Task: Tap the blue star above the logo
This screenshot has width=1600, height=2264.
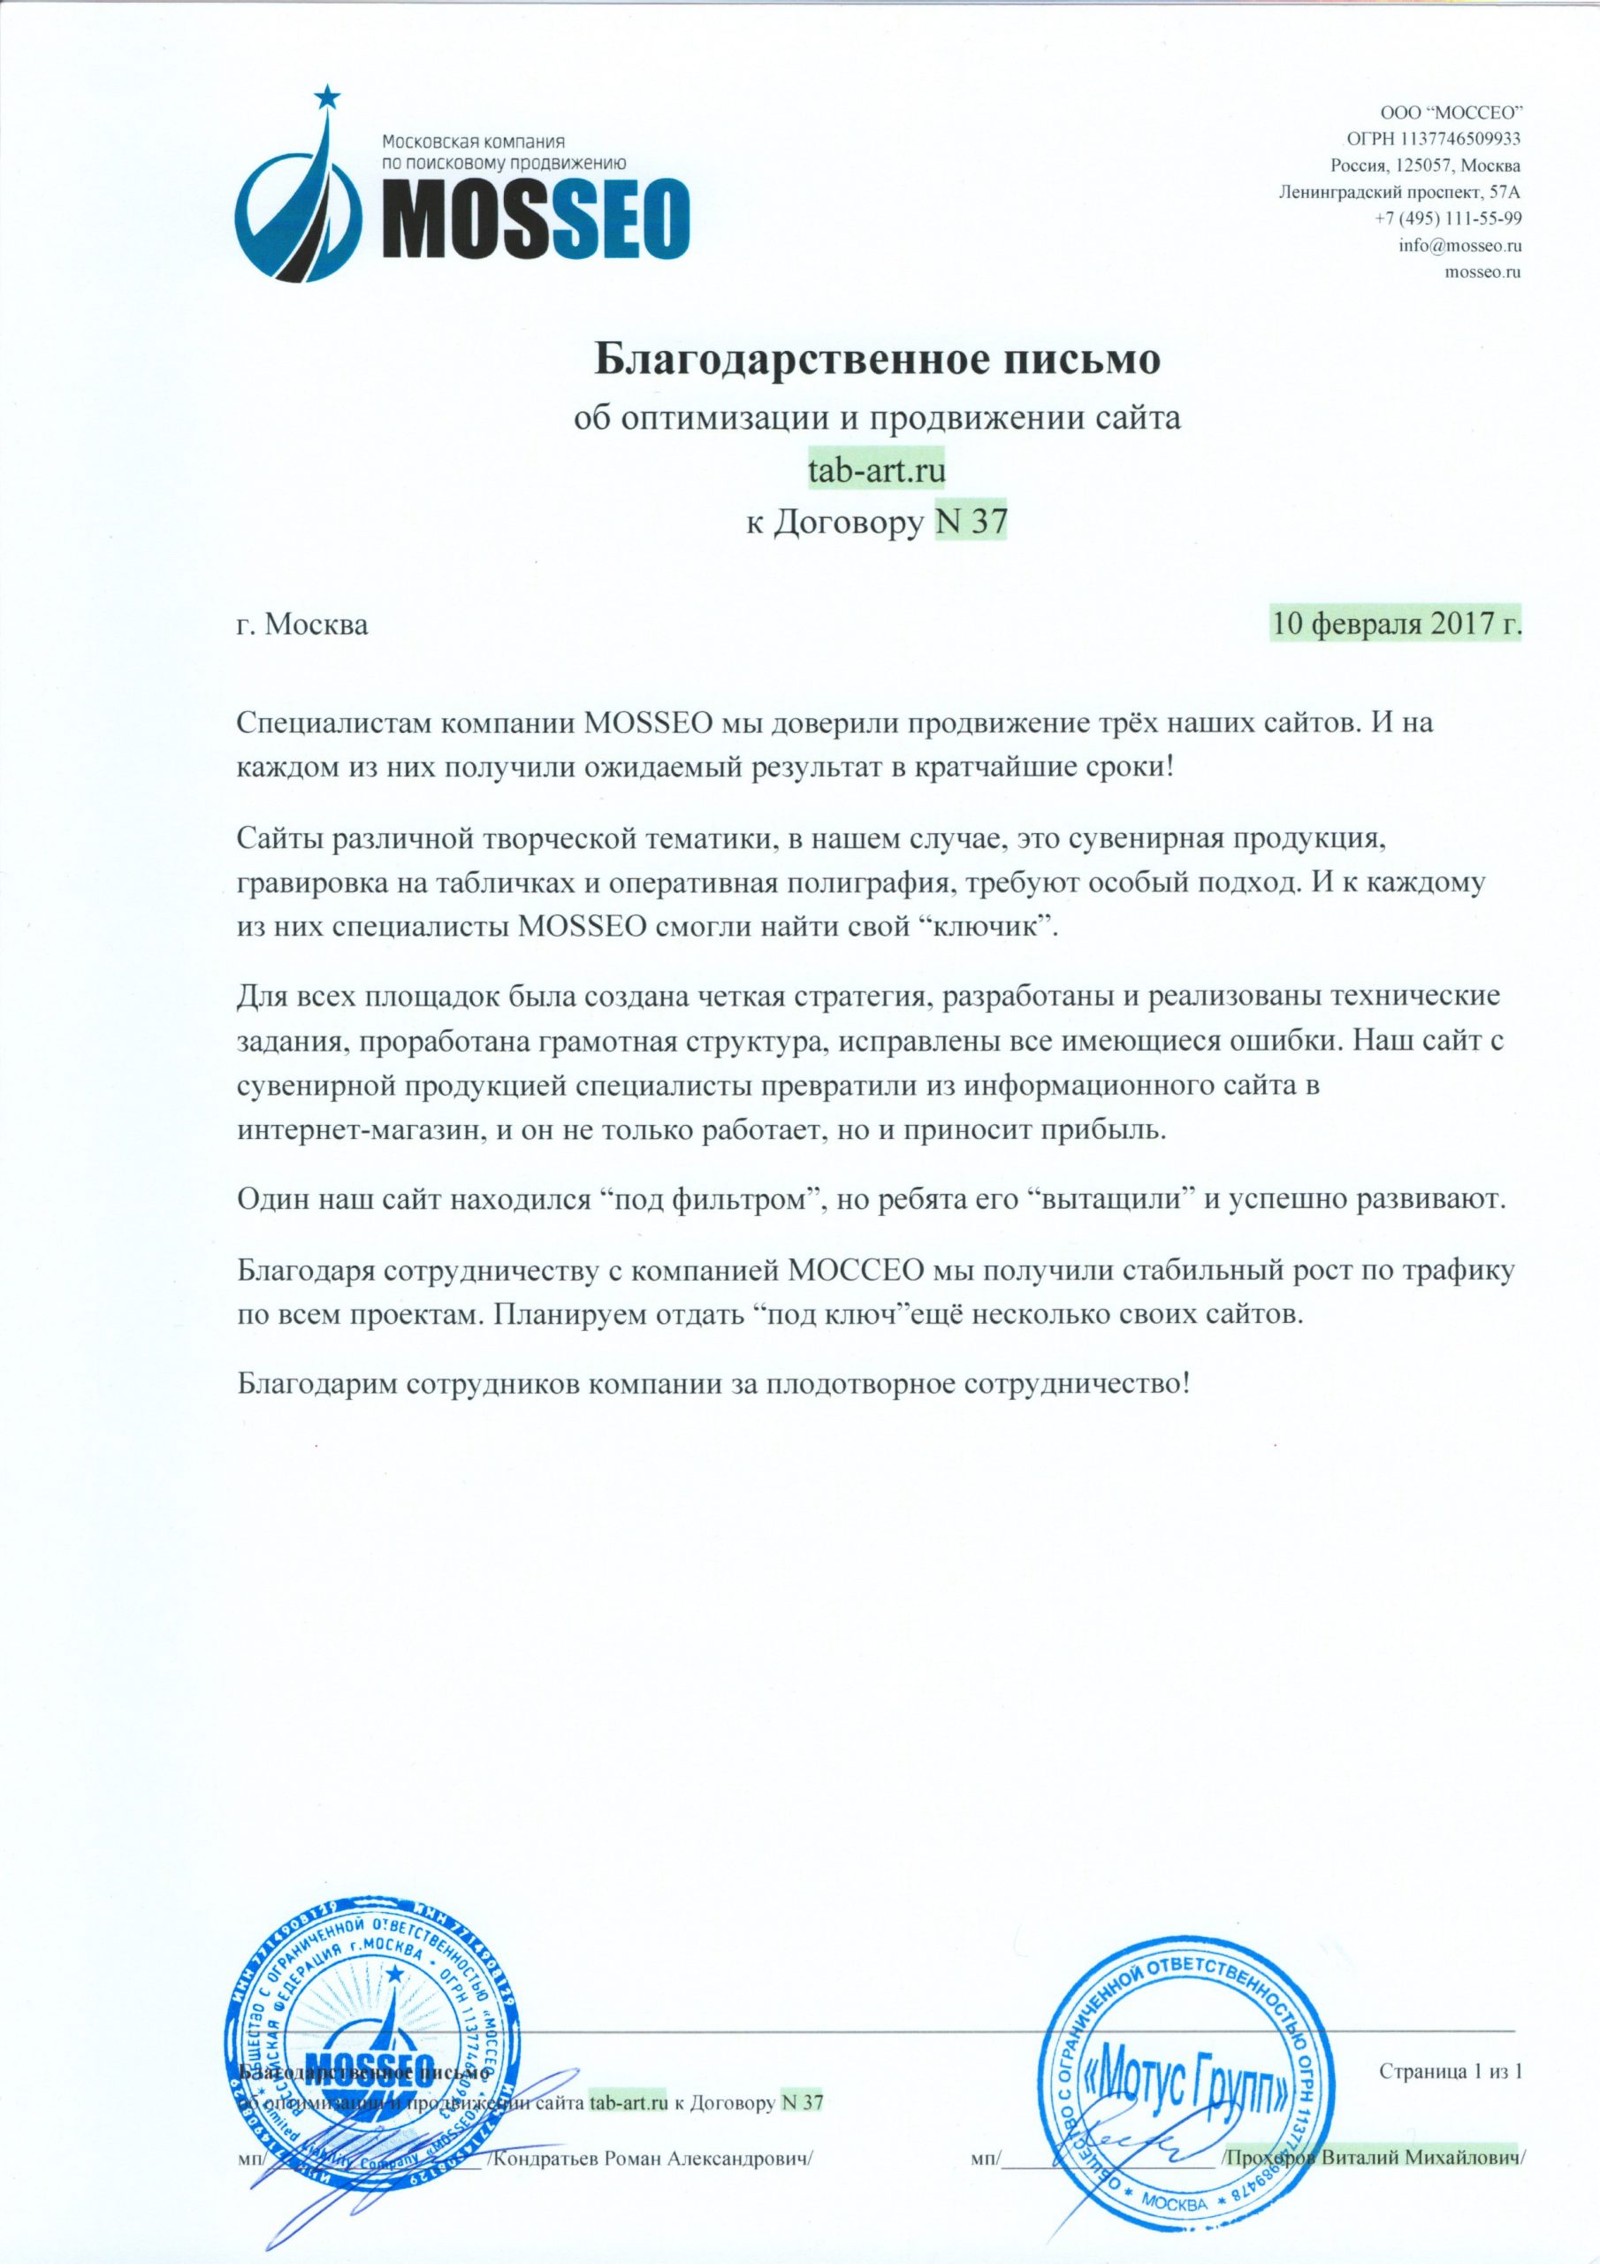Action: (x=327, y=96)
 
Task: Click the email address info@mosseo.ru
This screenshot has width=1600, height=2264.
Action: (x=1459, y=245)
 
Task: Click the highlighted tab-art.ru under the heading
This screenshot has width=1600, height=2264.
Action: (x=876, y=470)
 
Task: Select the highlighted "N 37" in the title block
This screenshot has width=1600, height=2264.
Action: (x=970, y=522)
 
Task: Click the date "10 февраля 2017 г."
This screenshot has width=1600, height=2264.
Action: (x=1395, y=625)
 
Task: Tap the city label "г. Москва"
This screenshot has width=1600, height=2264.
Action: (x=302, y=626)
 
